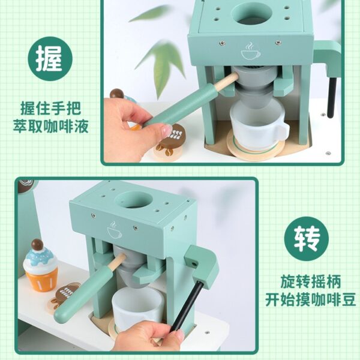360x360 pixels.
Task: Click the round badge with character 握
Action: coord(50,59)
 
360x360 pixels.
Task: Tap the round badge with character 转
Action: coord(306,239)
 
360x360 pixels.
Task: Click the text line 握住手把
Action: coord(51,108)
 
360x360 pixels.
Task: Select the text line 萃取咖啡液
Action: coord(51,126)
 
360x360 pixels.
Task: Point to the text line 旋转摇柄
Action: coord(311,281)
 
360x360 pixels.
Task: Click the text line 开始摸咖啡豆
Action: coord(311,299)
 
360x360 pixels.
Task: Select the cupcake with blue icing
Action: coord(40,266)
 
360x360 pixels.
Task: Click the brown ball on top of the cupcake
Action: coord(37,245)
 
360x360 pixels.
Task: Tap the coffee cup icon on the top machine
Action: coord(250,51)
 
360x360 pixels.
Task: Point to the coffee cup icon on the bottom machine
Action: coord(114,230)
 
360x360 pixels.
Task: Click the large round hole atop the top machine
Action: coord(251,13)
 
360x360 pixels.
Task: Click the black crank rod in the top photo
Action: coord(332,98)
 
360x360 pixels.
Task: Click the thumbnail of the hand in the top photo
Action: coord(167,131)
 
